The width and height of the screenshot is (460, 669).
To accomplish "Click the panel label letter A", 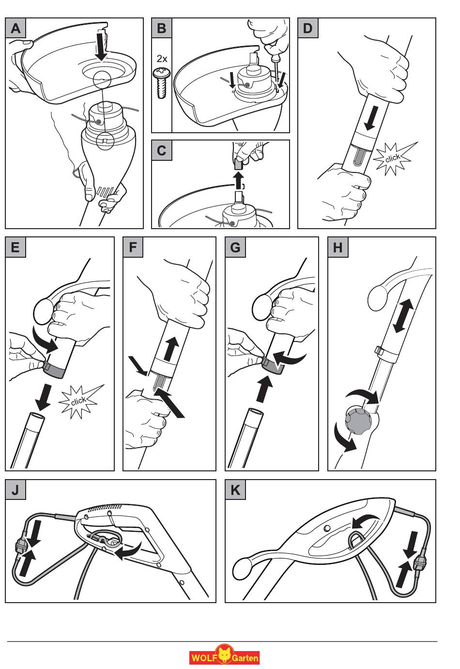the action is point(15,29).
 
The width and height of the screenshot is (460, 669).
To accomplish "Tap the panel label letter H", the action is point(337,248).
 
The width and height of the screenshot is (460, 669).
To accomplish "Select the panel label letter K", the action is point(235,490).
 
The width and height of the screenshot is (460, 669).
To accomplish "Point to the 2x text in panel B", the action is point(162,59).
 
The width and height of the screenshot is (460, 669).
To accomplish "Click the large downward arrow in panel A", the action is point(102,45).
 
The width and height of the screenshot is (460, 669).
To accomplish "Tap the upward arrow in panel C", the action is point(238,180).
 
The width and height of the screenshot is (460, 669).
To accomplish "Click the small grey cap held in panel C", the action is point(238,164).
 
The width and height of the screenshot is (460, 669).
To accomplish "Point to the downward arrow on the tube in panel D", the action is point(371,118).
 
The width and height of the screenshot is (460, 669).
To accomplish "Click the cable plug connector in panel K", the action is point(419,562).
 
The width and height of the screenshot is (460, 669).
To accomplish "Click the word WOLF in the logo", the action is point(203,658).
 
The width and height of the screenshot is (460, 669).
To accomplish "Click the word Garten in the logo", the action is point(245,658).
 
